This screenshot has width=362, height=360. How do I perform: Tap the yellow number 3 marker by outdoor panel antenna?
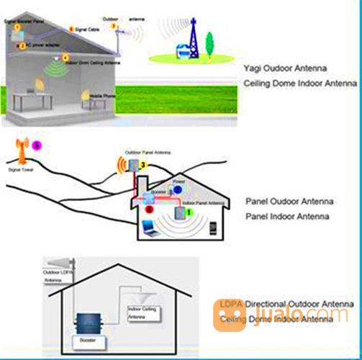[x=143, y=166]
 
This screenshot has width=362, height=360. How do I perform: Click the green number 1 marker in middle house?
[x=189, y=213]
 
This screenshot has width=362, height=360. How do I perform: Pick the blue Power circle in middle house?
[x=177, y=190]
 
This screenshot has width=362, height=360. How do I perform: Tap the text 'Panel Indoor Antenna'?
[x=288, y=216]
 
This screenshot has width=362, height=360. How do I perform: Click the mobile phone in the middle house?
[x=213, y=230]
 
